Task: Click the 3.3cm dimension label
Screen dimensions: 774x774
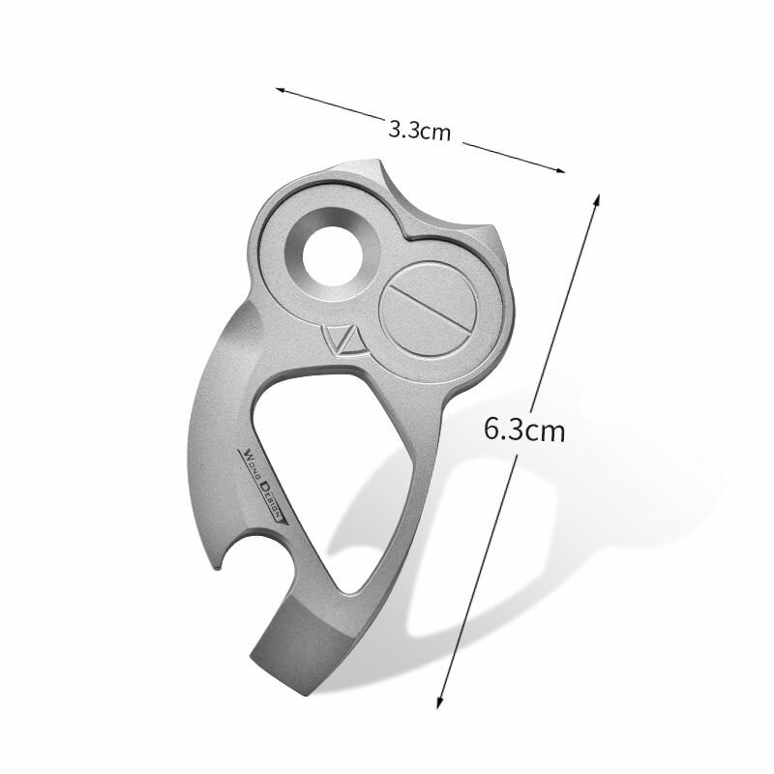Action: coord(419,132)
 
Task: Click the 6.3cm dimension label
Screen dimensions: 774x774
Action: coord(523,429)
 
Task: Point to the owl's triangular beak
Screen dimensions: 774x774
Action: coord(345,341)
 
